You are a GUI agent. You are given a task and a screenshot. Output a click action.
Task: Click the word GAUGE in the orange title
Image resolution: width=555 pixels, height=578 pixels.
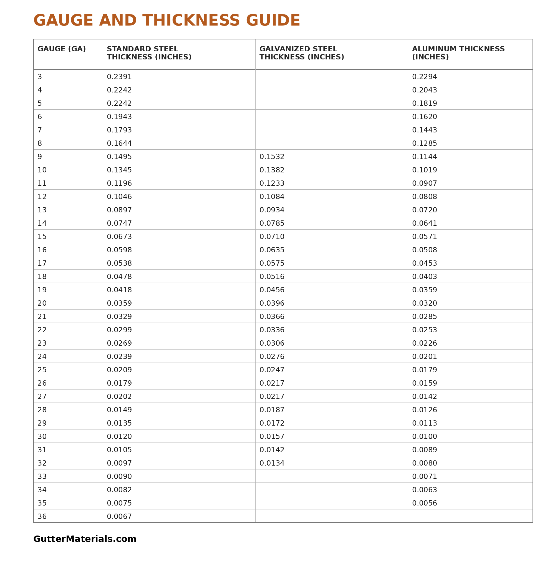tap(63, 21)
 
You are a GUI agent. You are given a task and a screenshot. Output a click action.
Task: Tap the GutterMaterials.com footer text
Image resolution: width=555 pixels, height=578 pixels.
tap(85, 539)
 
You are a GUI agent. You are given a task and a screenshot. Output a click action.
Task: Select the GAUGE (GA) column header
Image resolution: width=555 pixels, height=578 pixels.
tap(62, 49)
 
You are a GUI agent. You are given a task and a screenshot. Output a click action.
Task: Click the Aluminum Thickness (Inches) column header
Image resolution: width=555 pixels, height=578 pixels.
tap(458, 53)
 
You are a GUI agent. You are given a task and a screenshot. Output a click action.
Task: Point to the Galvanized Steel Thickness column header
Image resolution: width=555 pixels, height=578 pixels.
tap(301, 53)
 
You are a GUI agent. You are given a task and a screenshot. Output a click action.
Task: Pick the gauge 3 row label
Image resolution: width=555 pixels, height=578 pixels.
tap(40, 77)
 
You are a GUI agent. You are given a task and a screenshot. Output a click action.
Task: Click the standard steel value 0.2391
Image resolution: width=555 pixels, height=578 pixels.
tap(119, 77)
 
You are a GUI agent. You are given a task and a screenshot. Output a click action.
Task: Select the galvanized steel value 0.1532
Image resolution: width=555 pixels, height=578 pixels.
tap(271, 157)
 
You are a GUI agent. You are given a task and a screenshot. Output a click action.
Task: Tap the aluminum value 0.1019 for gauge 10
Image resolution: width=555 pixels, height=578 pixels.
tap(424, 170)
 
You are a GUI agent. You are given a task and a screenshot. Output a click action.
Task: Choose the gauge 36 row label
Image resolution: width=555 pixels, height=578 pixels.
tap(42, 517)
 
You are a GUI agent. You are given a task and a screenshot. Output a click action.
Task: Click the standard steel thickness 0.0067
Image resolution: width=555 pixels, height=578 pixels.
tap(119, 517)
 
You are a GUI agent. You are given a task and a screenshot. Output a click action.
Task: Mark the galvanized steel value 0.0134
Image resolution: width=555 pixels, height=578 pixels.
tap(271, 463)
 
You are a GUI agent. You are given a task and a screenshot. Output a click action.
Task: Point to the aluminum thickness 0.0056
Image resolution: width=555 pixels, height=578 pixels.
tap(424, 503)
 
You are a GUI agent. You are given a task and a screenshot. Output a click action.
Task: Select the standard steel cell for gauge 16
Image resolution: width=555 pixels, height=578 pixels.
tap(119, 250)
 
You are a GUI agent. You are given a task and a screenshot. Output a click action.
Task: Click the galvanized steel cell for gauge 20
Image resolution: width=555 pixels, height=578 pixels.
tap(271, 303)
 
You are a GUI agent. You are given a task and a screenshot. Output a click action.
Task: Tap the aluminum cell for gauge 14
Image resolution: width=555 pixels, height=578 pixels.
tap(424, 223)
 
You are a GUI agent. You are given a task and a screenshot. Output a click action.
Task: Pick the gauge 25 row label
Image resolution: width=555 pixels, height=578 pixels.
tap(42, 370)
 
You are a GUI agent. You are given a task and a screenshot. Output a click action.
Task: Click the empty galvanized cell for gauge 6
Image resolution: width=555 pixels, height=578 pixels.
tap(331, 117)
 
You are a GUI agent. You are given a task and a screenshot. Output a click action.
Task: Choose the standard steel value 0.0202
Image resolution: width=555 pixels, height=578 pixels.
tap(119, 397)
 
